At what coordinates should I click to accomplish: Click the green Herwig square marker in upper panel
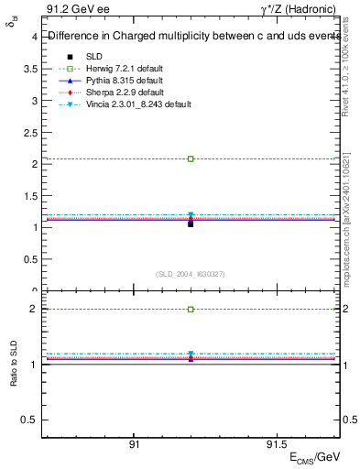pos(191,158)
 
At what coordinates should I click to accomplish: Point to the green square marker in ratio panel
pos(191,309)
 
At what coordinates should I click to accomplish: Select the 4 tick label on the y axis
pos(35,38)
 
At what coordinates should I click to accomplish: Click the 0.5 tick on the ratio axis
pos(30,419)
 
